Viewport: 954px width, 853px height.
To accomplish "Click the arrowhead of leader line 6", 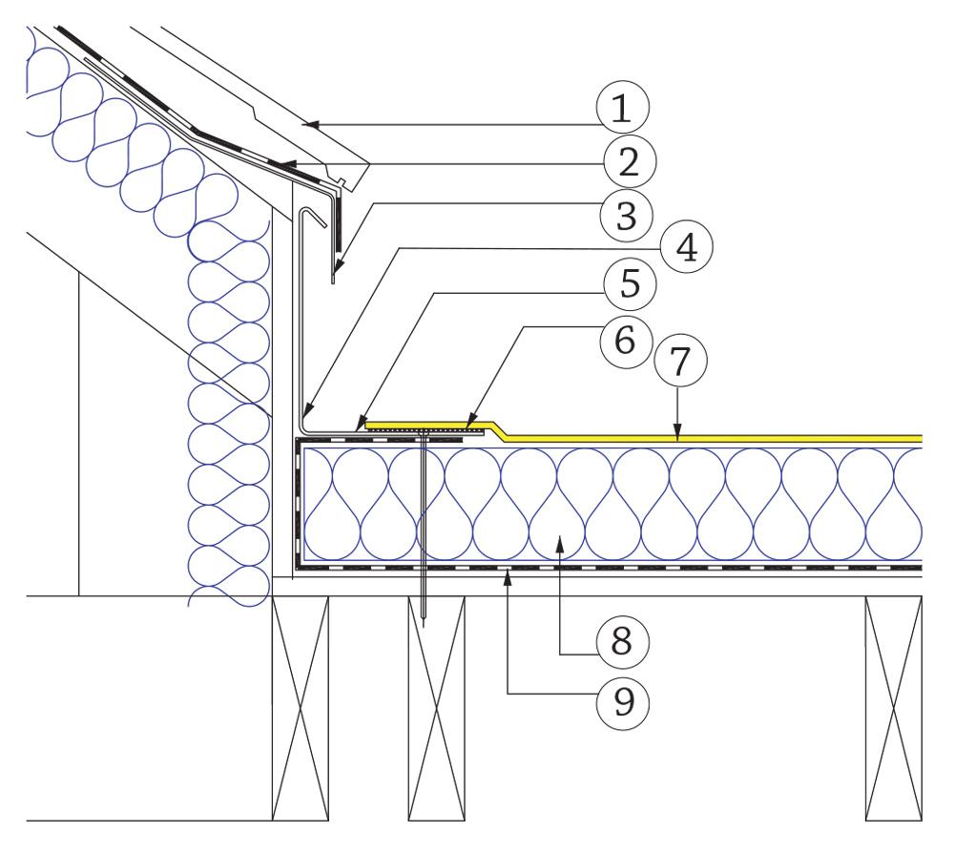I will coord(469,423).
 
